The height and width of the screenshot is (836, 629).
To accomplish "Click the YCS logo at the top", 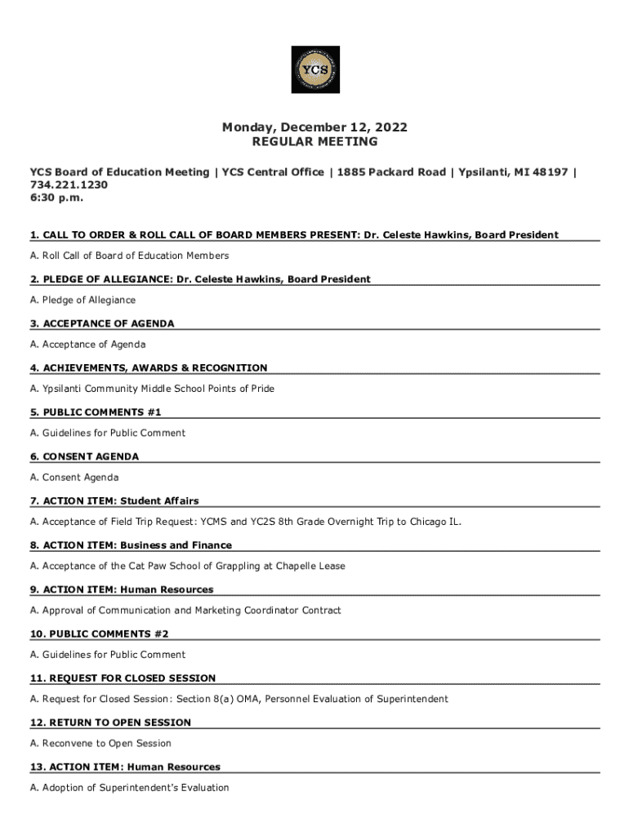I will pyautogui.click(x=314, y=69).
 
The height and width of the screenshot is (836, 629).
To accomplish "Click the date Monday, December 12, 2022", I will pyautogui.click(x=314, y=127).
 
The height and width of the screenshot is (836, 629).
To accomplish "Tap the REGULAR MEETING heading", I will pyautogui.click(x=314, y=142).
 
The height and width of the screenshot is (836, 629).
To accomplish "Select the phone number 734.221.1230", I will pyautogui.click(x=69, y=185).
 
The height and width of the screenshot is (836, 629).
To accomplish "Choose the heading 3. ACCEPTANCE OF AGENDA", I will pyautogui.click(x=102, y=324).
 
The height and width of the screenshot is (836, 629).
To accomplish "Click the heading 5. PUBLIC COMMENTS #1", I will pyautogui.click(x=96, y=412).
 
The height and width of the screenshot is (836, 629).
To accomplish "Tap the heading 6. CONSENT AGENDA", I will pyautogui.click(x=85, y=456).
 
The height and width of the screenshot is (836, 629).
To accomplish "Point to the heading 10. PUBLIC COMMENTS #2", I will pyautogui.click(x=100, y=634).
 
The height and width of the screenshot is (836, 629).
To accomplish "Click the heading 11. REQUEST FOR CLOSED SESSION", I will pyautogui.click(x=123, y=678).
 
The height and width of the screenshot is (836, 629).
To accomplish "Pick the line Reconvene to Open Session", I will pyautogui.click(x=100, y=744).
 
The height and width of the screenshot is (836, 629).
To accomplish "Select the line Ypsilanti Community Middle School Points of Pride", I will pyautogui.click(x=152, y=389).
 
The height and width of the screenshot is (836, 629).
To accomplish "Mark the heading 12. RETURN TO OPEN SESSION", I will pyautogui.click(x=111, y=722).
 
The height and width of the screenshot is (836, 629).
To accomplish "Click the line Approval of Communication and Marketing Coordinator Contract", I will pyautogui.click(x=185, y=611).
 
